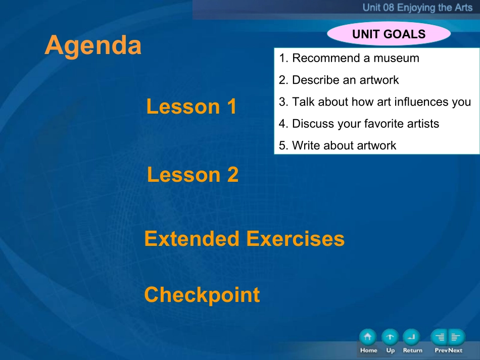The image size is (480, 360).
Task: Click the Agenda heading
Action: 93,45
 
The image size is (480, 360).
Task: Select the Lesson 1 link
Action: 191,107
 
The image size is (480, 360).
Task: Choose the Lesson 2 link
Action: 193,175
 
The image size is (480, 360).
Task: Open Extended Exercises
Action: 244,239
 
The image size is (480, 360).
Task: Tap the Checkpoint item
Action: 202,295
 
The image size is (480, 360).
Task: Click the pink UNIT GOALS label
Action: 389,34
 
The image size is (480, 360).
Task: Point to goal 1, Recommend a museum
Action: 349,58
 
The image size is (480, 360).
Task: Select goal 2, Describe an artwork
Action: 339,80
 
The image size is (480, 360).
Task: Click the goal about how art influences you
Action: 375,102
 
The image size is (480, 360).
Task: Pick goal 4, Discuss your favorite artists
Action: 359,124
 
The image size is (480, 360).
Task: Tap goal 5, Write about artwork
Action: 338,145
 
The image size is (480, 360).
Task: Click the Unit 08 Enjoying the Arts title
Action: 417,8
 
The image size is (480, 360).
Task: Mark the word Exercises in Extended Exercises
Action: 296,239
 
